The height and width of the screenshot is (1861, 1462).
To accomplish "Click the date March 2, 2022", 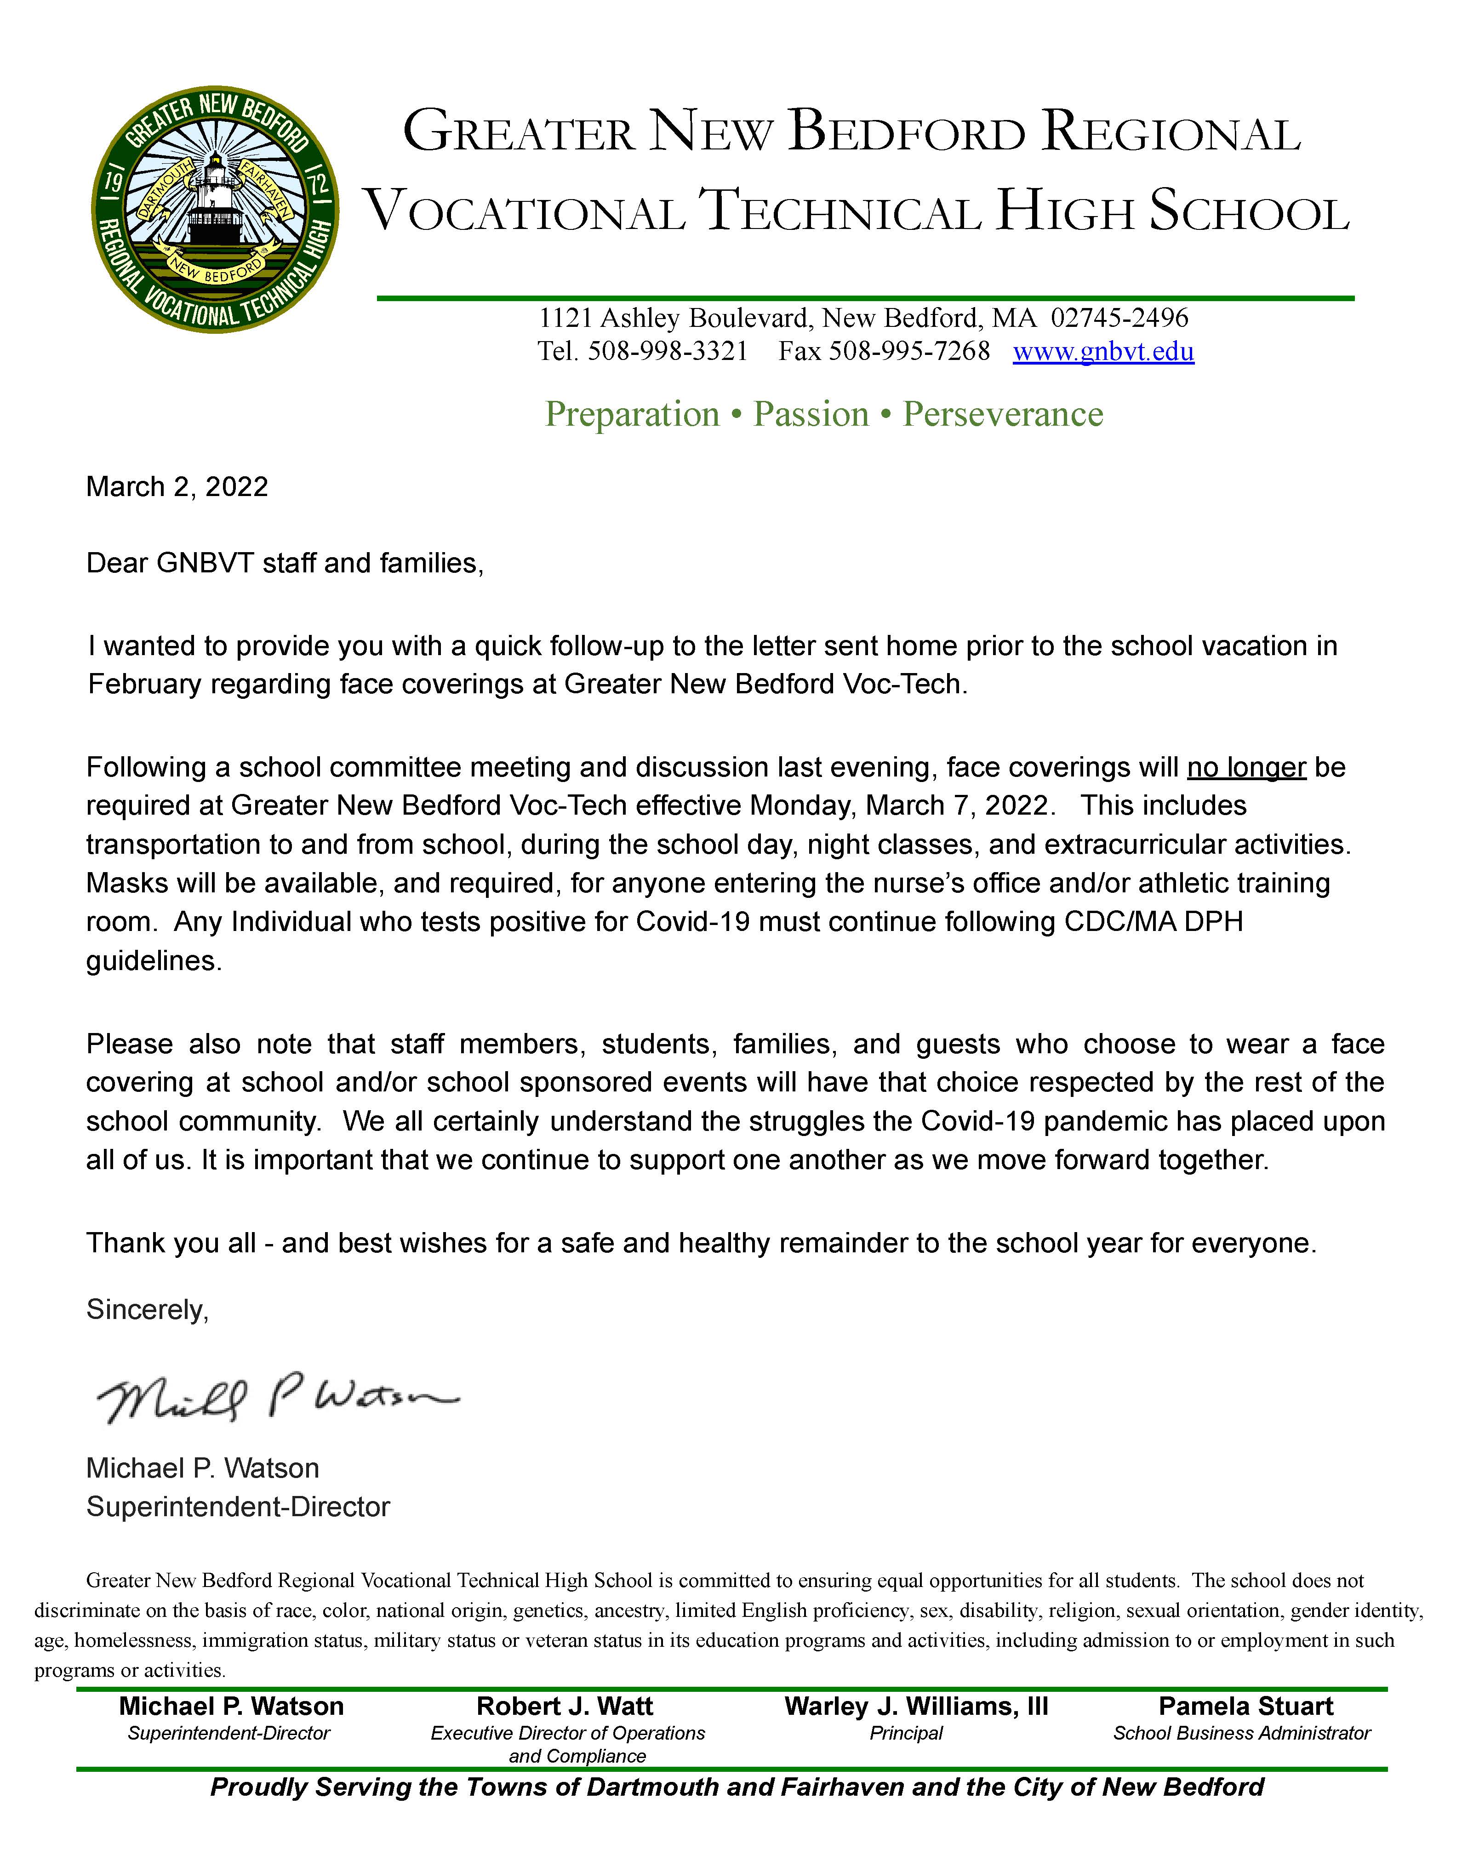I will point(177,487).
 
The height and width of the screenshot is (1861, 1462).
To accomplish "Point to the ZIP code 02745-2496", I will point(1119,319).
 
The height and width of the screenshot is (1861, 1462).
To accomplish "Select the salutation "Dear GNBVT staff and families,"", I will point(285,563).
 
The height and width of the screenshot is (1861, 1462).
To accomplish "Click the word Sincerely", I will point(147,1310).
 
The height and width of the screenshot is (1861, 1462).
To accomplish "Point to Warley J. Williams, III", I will point(916,1706).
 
